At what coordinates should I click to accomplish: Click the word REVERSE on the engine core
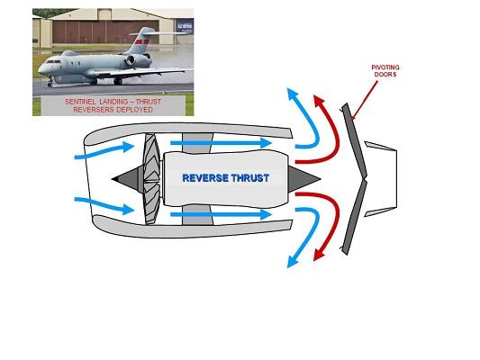205,178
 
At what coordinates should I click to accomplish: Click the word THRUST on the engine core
250,178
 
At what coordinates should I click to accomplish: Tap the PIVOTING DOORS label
385,71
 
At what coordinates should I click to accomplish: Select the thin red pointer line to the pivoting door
365,100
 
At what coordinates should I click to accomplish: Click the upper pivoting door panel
355,140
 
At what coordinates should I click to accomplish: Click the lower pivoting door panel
355,217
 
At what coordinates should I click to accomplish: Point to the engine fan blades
152,179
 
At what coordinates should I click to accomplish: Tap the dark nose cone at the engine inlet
127,179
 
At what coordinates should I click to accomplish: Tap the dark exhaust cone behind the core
304,179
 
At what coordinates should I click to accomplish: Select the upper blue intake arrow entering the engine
104,151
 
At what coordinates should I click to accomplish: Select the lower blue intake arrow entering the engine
104,204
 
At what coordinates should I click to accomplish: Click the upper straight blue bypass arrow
221,142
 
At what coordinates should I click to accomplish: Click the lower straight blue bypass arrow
221,214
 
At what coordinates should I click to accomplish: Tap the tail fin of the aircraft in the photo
141,40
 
